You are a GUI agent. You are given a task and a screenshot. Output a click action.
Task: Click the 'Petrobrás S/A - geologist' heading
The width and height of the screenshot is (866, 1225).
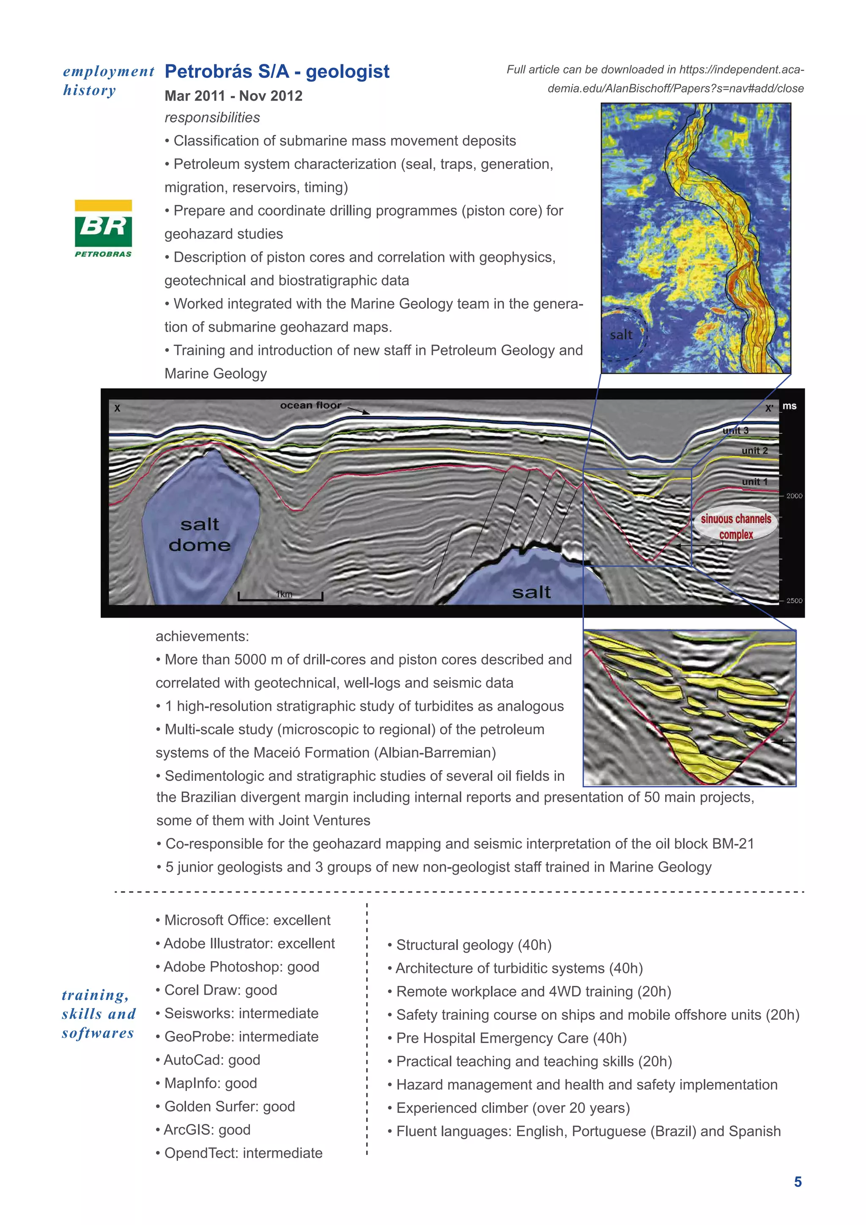click(x=277, y=71)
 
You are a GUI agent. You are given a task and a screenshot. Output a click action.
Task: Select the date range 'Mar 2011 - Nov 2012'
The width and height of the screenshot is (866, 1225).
click(x=233, y=96)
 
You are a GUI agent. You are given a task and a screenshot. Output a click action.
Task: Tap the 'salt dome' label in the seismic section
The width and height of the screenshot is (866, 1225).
click(x=200, y=535)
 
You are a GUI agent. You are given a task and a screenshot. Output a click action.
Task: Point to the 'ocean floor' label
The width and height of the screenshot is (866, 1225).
click(x=310, y=406)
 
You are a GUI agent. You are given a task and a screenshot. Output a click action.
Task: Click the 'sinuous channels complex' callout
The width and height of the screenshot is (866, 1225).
click(x=736, y=527)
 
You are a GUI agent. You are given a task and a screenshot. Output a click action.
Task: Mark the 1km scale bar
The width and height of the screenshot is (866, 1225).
click(x=280, y=596)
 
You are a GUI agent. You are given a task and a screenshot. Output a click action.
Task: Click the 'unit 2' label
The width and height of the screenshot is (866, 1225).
click(x=754, y=451)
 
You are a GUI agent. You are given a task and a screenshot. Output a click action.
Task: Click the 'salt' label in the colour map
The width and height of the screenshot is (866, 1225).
click(x=621, y=335)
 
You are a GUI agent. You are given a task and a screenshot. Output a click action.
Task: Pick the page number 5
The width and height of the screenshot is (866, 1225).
click(x=798, y=1182)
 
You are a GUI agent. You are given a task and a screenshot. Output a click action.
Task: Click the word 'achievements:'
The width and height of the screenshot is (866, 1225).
click(x=202, y=637)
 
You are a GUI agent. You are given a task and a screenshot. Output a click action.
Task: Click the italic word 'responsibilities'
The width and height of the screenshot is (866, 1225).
click(x=212, y=118)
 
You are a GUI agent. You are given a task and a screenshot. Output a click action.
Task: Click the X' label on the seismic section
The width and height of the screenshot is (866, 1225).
click(x=769, y=409)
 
